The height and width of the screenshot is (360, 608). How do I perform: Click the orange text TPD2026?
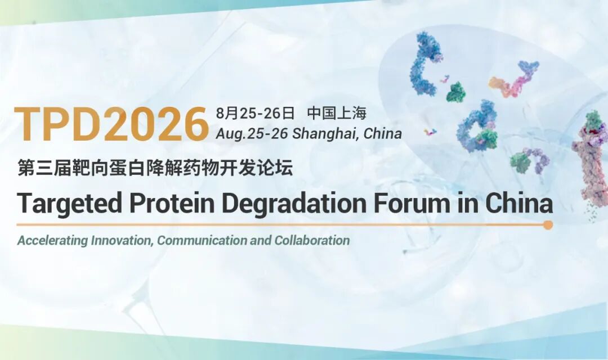111,124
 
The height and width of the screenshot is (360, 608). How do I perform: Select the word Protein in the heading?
172,202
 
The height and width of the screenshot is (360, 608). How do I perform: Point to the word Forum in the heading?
411,203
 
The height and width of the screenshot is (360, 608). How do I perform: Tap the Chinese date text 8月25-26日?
256,113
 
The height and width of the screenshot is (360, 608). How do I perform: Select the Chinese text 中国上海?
337,113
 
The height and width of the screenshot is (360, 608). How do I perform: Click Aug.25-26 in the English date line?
252,134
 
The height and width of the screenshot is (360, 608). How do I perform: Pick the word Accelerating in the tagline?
52,241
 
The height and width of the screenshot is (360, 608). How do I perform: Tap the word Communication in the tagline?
202,240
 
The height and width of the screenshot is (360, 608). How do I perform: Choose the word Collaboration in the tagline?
312,240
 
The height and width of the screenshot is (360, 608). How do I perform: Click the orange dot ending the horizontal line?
548,225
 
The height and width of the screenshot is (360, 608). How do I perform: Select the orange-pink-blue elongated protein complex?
514,79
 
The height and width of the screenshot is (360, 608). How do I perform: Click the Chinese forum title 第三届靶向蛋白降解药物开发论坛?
155,169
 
